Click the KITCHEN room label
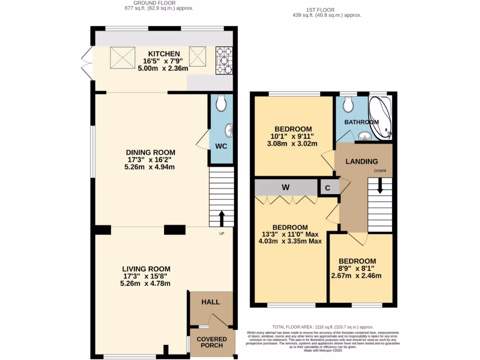(x=164, y=53)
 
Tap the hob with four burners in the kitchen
(x=224, y=60)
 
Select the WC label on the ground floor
(x=221, y=146)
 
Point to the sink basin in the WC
(x=228, y=128)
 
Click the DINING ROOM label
(x=150, y=152)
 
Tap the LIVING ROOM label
(x=146, y=269)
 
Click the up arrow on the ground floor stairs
(x=221, y=217)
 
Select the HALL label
(x=210, y=302)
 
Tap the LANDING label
(x=361, y=162)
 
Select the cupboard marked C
(x=328, y=187)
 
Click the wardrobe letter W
(x=285, y=187)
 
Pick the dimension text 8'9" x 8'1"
(x=357, y=269)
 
